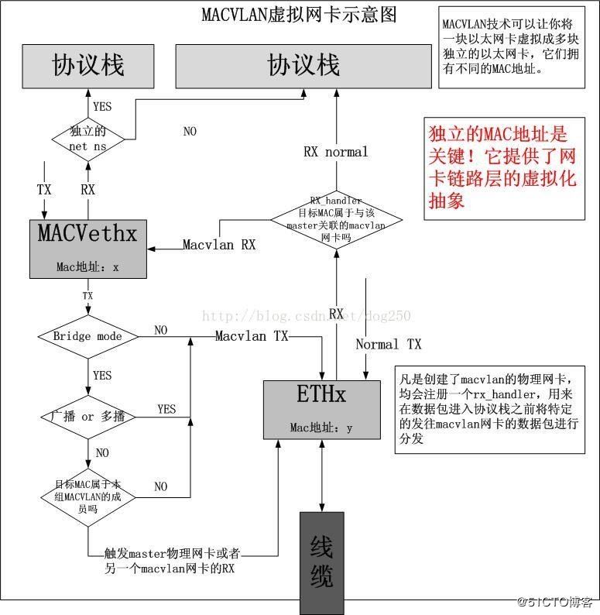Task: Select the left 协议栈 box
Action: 87,65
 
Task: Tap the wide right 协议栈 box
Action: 303,65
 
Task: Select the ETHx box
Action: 321,408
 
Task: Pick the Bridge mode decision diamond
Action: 87,337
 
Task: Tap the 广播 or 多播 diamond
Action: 87,417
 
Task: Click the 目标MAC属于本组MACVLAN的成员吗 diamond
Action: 87,496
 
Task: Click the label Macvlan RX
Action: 219,245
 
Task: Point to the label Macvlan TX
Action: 252,336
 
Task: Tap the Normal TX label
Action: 389,344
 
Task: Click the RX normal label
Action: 335,152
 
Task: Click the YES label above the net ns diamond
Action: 101,106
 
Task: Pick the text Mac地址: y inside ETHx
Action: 321,428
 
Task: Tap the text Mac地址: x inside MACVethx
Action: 87,267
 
